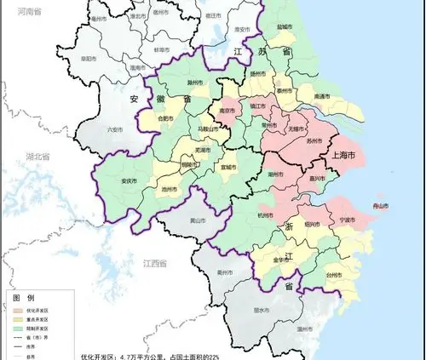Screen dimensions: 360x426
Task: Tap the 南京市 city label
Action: coord(227,111)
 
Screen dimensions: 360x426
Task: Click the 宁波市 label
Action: coord(347,220)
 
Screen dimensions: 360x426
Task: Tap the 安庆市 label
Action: coord(129,181)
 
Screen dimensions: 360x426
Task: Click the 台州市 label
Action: coord(333,276)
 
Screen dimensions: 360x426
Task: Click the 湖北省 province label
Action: coord(38,157)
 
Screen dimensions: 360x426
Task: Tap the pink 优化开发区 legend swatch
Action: coord(19,311)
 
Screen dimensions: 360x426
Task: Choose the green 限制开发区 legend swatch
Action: coord(19,329)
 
